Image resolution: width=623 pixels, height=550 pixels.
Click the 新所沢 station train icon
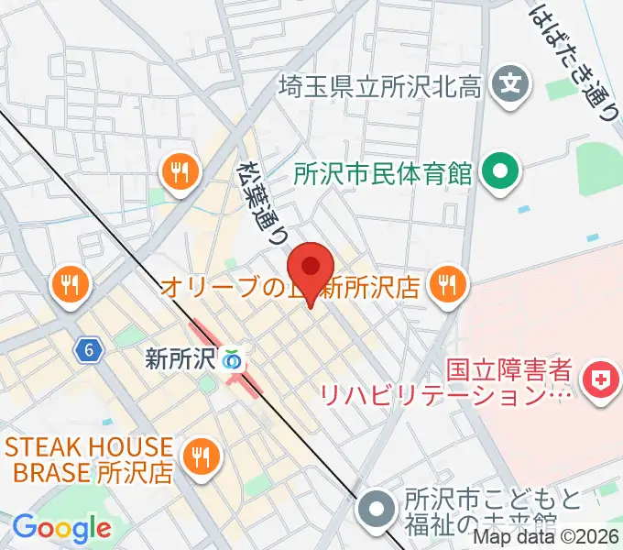pyautogui.click(x=234, y=359)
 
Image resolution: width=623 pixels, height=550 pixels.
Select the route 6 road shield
pyautogui.click(x=87, y=349)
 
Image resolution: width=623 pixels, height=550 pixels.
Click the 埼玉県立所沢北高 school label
pyautogui.click(x=380, y=87)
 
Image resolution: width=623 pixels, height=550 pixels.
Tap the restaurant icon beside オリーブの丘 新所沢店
pyautogui.click(x=447, y=285)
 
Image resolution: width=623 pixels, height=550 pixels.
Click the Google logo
pyautogui.click(x=61, y=528)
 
